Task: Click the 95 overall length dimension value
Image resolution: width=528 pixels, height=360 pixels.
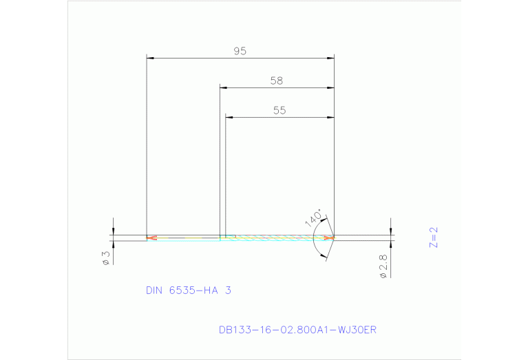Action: (x=240, y=51)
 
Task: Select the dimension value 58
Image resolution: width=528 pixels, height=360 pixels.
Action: (x=276, y=81)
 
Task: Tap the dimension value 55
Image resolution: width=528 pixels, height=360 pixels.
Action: (x=279, y=110)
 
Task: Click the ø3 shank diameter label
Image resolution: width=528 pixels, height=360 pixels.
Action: (x=106, y=257)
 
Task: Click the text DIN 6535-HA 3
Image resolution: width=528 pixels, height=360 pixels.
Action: (x=188, y=290)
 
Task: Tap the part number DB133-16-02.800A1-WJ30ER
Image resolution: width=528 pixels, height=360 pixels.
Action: (x=297, y=330)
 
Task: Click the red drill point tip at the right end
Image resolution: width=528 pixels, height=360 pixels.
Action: (x=330, y=238)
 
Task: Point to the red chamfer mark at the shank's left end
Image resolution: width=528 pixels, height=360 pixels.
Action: (x=151, y=238)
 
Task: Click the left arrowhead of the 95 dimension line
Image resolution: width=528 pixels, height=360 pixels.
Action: (x=151, y=58)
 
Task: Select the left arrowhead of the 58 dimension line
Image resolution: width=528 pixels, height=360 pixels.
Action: (x=224, y=87)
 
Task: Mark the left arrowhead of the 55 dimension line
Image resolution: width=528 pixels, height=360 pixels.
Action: (x=231, y=117)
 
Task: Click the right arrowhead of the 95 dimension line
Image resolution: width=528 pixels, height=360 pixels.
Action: (x=330, y=58)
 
